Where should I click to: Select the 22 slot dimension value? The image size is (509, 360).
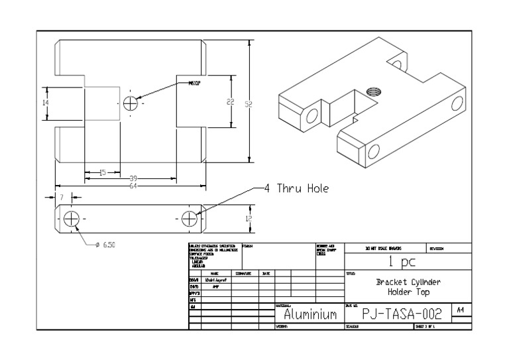[x=230, y=101]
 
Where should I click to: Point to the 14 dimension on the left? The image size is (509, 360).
[x=46, y=103]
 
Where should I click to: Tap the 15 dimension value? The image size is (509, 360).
[x=102, y=173]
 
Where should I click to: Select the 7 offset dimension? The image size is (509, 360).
[x=61, y=198]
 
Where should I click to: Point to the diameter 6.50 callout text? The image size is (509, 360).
[x=106, y=245]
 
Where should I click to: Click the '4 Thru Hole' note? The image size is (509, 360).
[x=296, y=188]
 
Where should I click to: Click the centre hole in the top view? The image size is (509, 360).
[x=131, y=103]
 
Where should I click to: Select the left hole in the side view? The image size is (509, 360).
[x=72, y=218]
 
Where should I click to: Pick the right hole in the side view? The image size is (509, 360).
[x=190, y=218]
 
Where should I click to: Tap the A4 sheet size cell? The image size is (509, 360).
[x=461, y=309]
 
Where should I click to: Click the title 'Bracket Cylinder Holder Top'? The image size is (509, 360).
[x=408, y=286]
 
